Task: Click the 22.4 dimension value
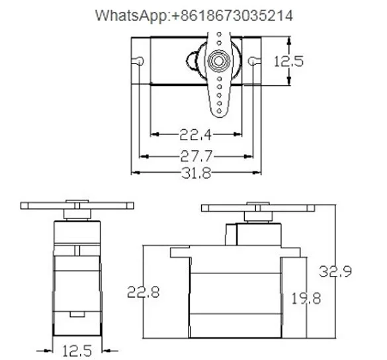click(x=195, y=135)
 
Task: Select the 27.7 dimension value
click(x=195, y=156)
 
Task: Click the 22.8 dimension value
click(x=144, y=292)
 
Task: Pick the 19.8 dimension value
click(x=305, y=298)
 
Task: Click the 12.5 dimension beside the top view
click(x=288, y=62)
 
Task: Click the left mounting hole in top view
click(x=140, y=61)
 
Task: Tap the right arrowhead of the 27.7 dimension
click(x=249, y=156)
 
